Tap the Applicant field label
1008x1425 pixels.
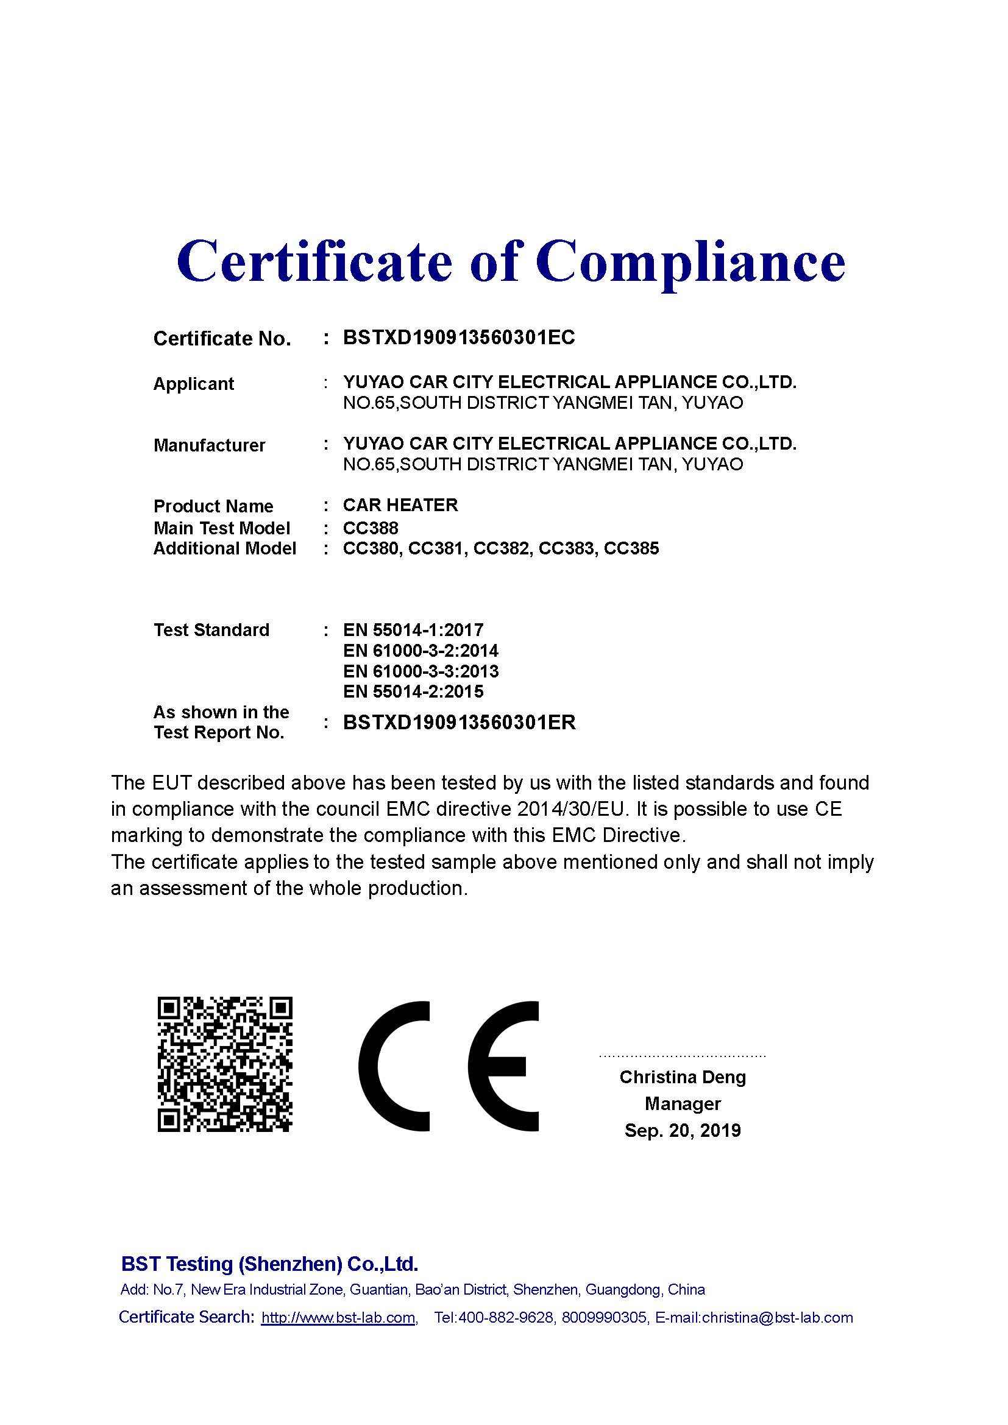(193, 384)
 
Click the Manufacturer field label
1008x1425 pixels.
(209, 445)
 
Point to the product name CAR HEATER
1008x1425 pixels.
(400, 504)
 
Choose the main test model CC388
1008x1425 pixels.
(371, 528)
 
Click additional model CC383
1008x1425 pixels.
(566, 548)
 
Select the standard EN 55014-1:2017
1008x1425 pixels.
(413, 630)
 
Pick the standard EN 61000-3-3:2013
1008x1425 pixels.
(421, 671)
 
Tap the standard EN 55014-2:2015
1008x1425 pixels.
(413, 691)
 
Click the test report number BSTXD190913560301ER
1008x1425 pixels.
(459, 722)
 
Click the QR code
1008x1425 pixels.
(225, 1064)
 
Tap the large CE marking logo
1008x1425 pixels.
(448, 1066)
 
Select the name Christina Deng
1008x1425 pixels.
(682, 1077)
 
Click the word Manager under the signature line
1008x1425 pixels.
(682, 1103)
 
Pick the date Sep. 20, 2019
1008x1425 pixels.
(682, 1130)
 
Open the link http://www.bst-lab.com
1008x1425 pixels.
(338, 1318)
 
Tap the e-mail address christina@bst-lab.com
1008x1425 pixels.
(777, 1318)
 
